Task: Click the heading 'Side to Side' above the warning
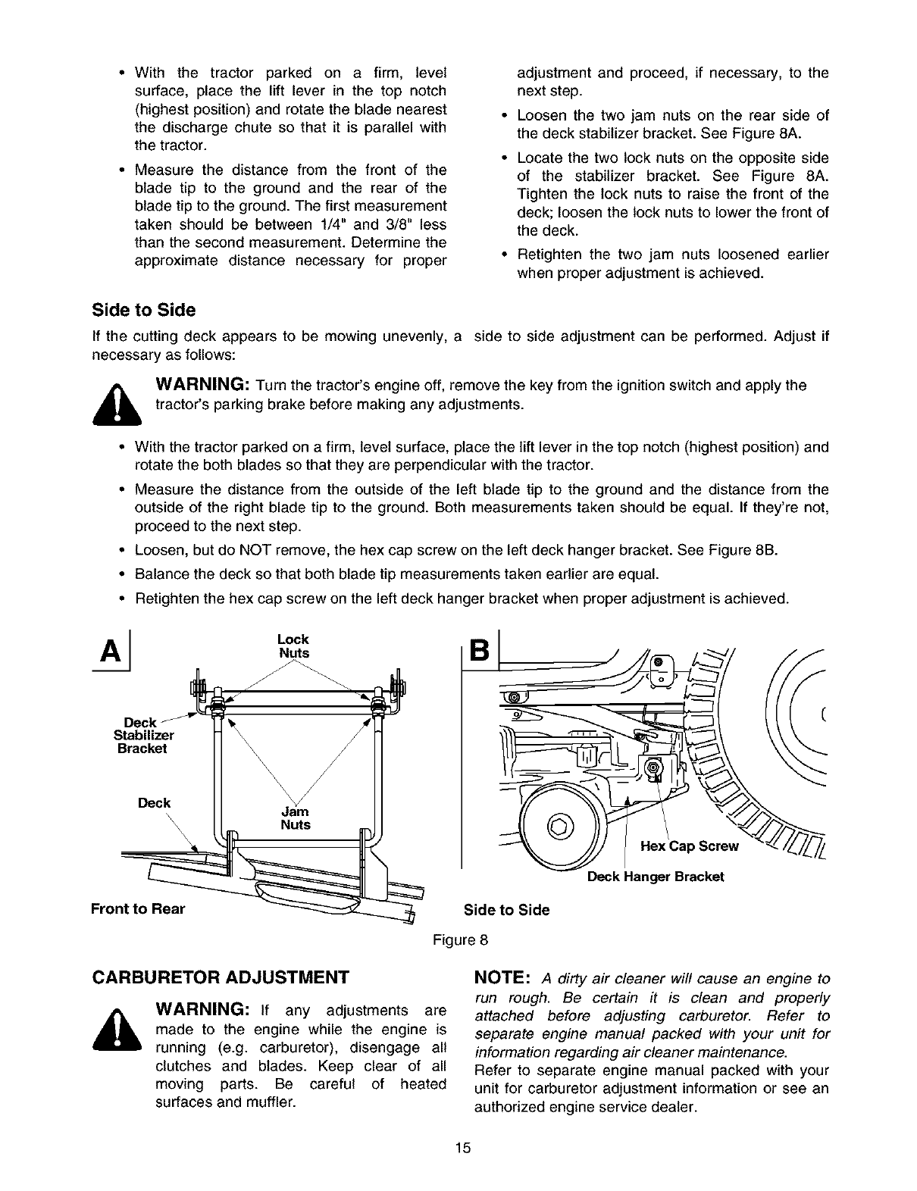click(x=143, y=311)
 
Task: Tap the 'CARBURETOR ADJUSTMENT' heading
click(x=220, y=976)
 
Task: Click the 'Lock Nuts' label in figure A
click(x=294, y=646)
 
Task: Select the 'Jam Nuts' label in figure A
click(x=296, y=818)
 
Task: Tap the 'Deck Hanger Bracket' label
click(x=656, y=877)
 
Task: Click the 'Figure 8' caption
click(x=460, y=941)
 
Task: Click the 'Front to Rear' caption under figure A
click(x=138, y=909)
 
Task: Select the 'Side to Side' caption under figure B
click(x=506, y=910)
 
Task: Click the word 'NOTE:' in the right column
click(x=501, y=977)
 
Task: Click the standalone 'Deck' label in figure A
click(x=154, y=803)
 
